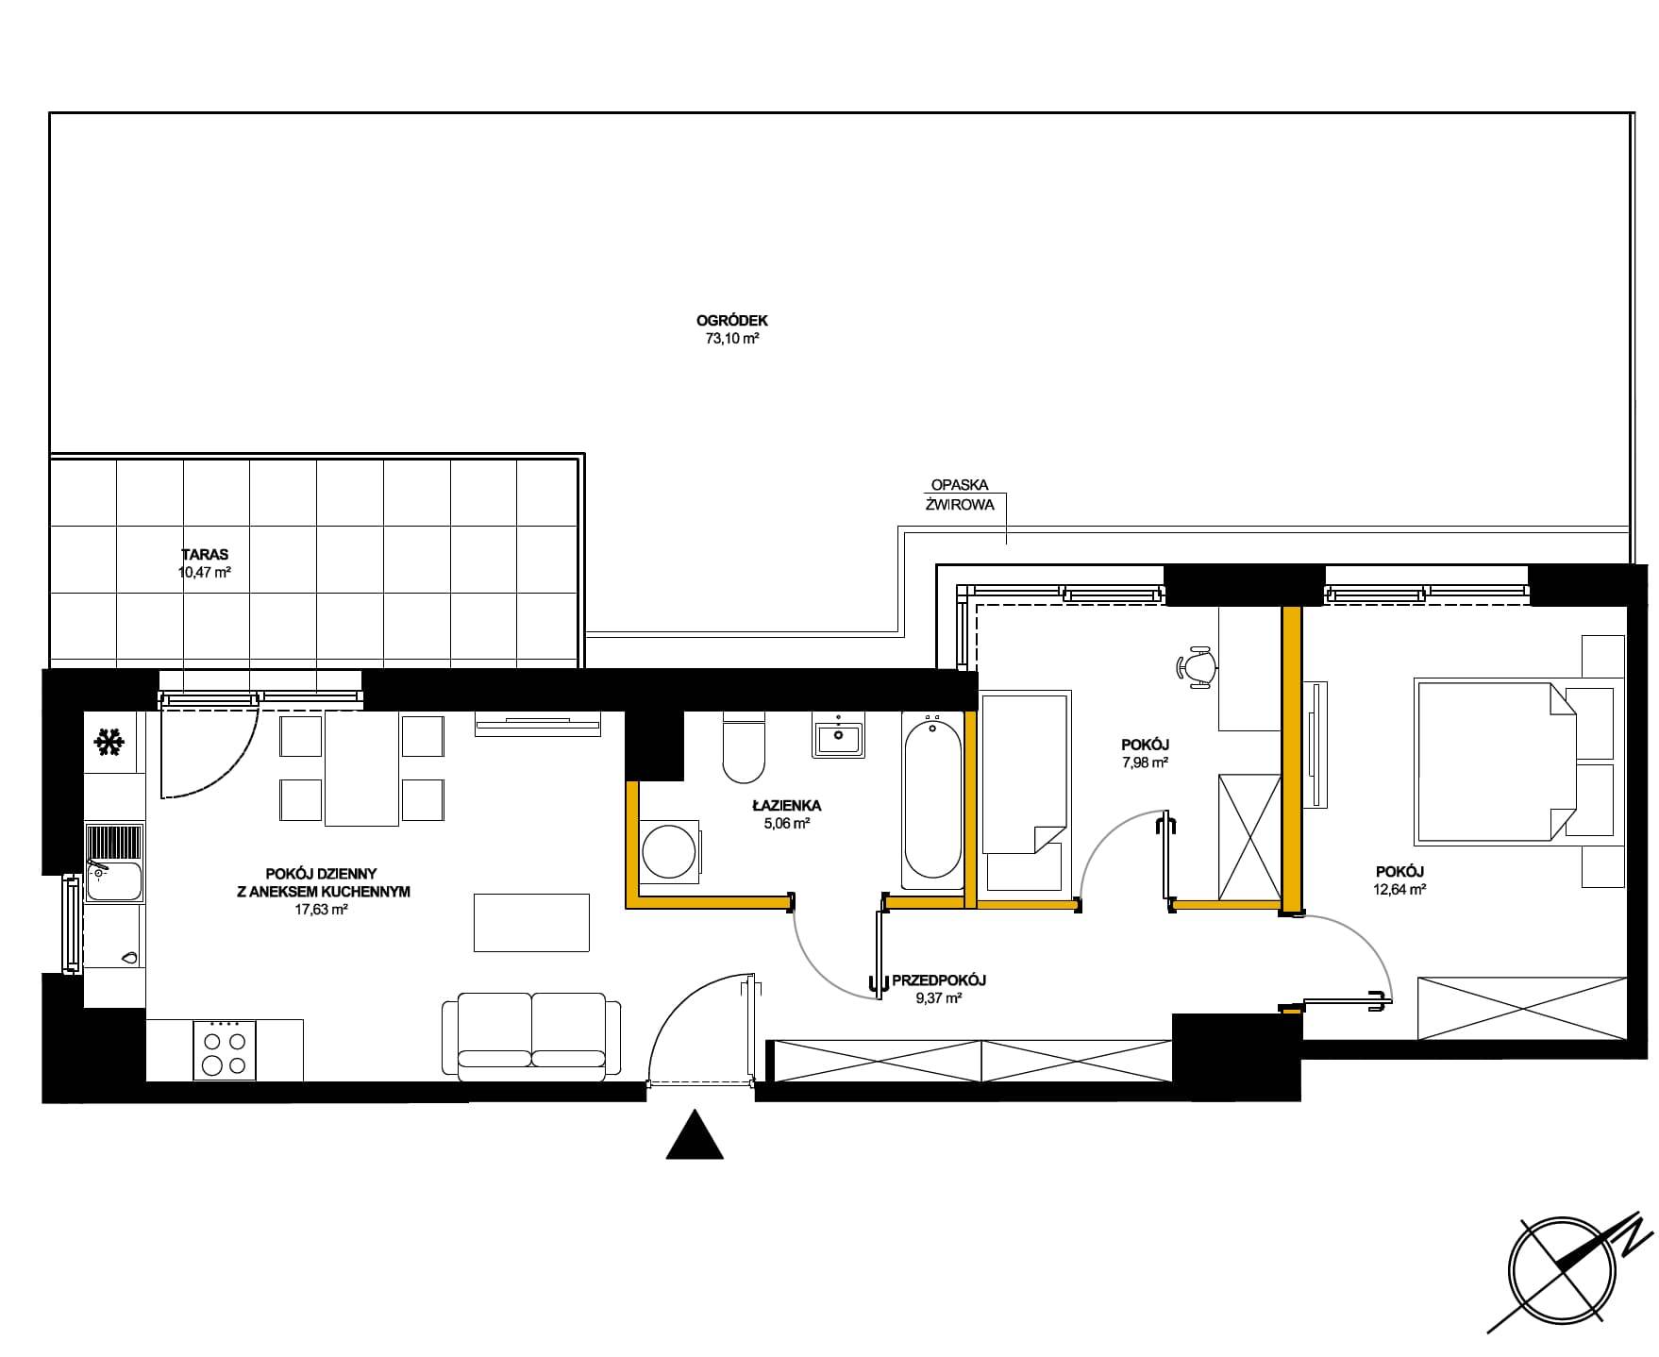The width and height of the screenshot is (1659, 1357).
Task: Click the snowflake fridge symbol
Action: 109,744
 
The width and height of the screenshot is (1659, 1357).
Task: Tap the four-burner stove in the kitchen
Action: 225,1049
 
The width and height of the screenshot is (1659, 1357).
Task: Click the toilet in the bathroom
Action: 744,747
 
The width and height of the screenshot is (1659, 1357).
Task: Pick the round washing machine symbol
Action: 670,852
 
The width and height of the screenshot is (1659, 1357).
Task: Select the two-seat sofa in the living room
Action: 532,1035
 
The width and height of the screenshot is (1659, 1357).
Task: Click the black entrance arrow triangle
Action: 695,1134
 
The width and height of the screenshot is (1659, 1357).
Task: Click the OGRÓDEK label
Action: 732,321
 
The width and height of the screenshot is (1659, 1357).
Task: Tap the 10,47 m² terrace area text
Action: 205,572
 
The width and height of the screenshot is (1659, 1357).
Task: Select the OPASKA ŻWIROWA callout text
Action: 960,494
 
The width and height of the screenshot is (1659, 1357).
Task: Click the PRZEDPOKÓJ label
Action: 932,980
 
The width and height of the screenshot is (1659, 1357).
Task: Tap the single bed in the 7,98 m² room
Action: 1025,793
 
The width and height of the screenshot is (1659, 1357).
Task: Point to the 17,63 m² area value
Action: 322,910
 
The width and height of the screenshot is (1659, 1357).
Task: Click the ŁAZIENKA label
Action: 786,806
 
